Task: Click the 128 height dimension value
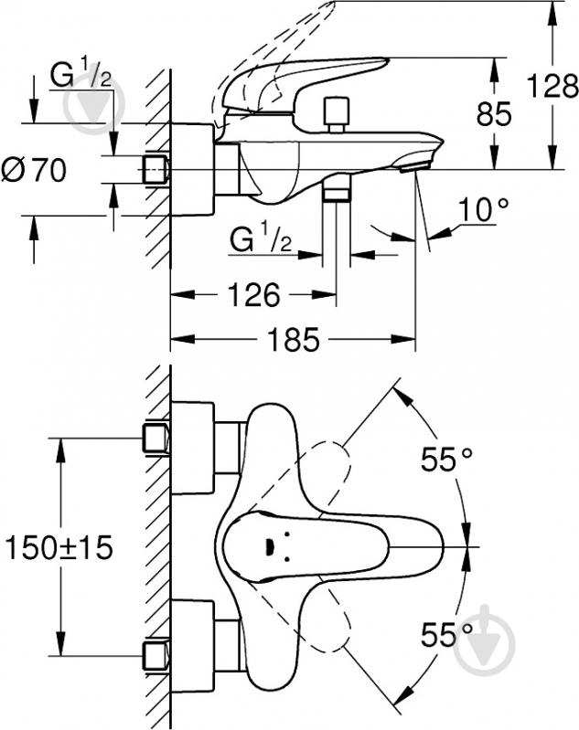552,86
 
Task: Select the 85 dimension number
493,113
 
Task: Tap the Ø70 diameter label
34,171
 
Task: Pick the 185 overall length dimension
293,341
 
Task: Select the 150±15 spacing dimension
58,547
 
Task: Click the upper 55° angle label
450,460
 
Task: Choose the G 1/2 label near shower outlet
260,240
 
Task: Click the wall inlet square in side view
156,169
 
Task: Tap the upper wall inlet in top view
155,437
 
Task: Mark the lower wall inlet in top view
155,654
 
